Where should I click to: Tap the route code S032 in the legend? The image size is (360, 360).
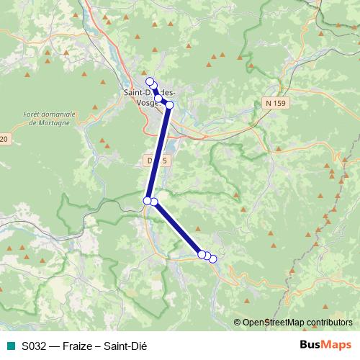[34, 346]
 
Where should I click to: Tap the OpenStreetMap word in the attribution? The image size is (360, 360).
[277, 323]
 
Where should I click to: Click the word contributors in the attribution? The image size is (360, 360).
[330, 323]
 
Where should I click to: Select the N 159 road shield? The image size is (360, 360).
[274, 104]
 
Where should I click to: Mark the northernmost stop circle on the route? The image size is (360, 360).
[150, 81]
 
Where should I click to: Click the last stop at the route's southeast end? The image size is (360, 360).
[212, 258]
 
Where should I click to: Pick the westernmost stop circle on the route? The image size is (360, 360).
[147, 200]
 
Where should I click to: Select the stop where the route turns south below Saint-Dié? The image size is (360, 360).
[170, 105]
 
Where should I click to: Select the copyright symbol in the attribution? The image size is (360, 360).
[238, 323]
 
